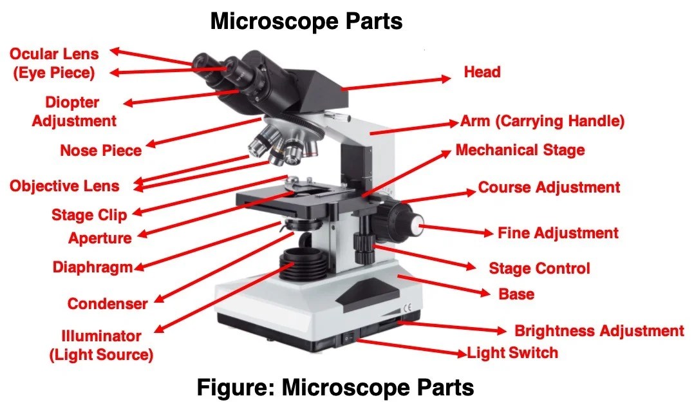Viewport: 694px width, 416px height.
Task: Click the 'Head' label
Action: (x=482, y=71)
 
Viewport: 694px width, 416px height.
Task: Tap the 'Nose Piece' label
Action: (x=100, y=151)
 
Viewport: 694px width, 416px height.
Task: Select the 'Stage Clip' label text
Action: (x=89, y=214)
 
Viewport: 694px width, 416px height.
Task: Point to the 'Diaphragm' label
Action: (x=92, y=267)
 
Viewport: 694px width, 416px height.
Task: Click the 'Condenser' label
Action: (x=108, y=303)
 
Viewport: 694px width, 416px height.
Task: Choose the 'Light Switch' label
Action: (x=512, y=352)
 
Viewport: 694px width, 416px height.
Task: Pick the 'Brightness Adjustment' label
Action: (x=599, y=331)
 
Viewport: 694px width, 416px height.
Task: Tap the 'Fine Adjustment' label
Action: (x=558, y=233)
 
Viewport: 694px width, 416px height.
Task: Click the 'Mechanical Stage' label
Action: (x=520, y=151)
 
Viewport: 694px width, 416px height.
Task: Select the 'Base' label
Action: (x=516, y=294)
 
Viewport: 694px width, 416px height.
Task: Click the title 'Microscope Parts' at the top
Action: (x=306, y=21)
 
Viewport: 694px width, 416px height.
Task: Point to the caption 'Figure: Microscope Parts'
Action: (x=335, y=388)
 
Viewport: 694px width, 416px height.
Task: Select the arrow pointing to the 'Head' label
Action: (x=396, y=83)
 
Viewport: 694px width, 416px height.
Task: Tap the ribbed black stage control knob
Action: (x=364, y=243)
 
